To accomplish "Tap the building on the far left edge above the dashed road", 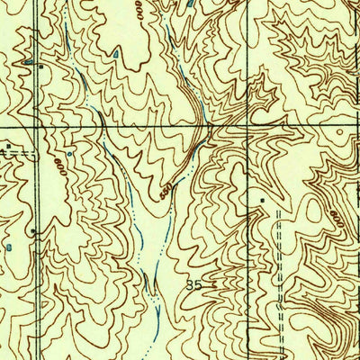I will click(x=7, y=145).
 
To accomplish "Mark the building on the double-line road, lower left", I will click(x=33, y=231).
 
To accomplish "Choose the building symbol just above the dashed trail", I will click(x=264, y=198).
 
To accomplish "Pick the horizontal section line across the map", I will click(x=135, y=128).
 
